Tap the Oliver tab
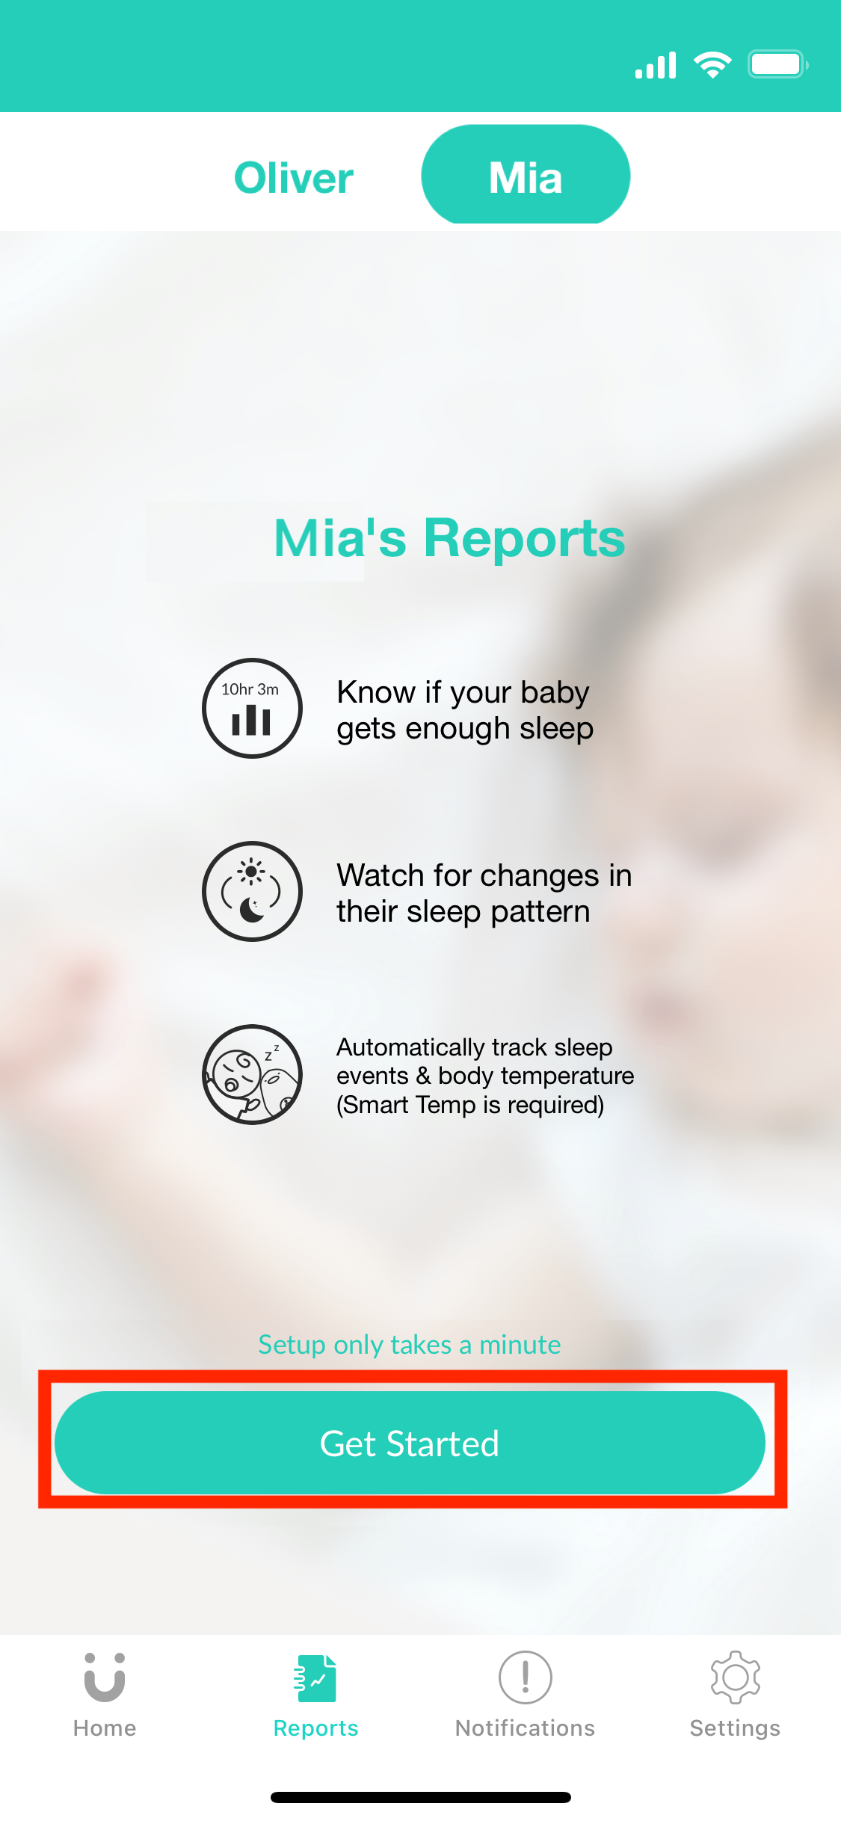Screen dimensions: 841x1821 click(294, 178)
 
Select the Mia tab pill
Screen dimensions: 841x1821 click(526, 174)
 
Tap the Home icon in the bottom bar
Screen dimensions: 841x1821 click(105, 1677)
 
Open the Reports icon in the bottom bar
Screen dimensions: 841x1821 click(315, 1678)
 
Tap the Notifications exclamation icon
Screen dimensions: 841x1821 click(526, 1677)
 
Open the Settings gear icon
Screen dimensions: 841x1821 click(736, 1677)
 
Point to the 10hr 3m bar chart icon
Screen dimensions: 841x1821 click(253, 708)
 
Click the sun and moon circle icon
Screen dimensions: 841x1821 click(253, 891)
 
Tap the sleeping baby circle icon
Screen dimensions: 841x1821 click(253, 1074)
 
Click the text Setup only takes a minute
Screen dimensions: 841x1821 click(410, 1345)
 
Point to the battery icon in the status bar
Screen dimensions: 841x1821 click(778, 64)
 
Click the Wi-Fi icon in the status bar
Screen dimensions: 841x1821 click(712, 65)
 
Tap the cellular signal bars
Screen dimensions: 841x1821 click(656, 65)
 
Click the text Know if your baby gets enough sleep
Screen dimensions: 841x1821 click(465, 710)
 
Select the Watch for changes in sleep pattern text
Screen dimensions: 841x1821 click(484, 893)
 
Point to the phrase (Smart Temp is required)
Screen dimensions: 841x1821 click(470, 1105)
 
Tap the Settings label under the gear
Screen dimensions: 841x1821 click(735, 1728)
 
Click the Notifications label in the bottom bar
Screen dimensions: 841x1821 click(526, 1728)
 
